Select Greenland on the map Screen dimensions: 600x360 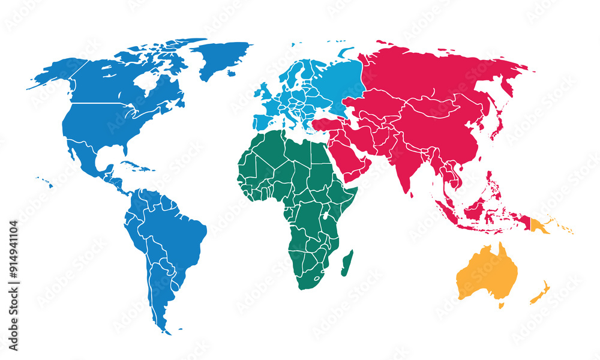225,57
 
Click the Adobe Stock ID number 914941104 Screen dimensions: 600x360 13,286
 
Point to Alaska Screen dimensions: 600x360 54,75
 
